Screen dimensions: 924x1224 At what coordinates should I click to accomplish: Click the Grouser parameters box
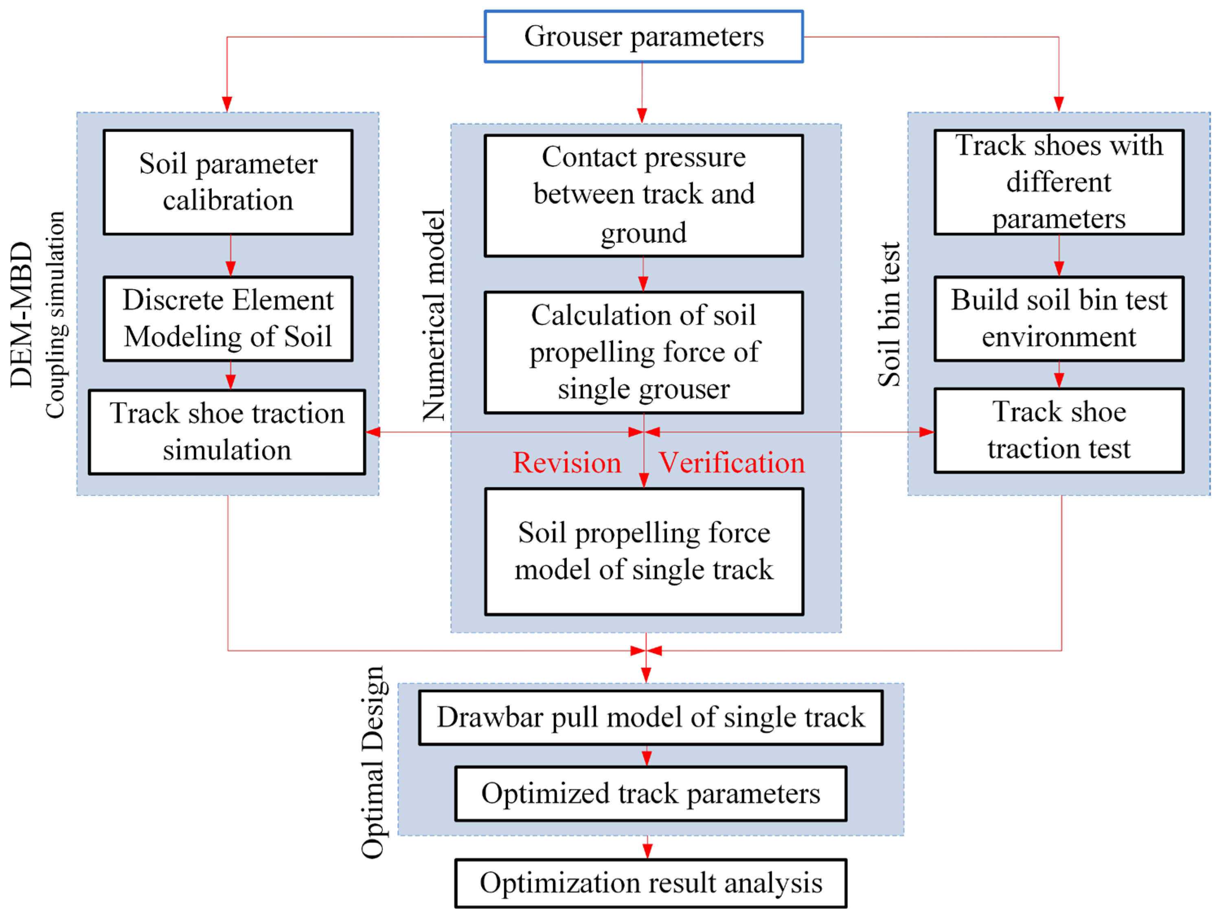pos(643,37)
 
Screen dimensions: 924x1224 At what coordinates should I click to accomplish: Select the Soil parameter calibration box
pos(228,182)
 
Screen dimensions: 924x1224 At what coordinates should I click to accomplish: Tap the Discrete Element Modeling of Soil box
pos(228,319)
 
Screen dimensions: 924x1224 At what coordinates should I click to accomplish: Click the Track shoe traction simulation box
pos(227,432)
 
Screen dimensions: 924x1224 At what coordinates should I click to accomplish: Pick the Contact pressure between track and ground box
pos(643,195)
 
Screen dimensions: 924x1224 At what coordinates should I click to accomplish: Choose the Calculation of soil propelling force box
pos(643,352)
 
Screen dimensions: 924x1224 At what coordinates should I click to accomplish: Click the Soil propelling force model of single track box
pos(643,551)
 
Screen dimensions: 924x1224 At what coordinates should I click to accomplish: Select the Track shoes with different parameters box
pos(1059,182)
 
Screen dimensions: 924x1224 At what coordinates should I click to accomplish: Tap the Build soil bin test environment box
pos(1059,319)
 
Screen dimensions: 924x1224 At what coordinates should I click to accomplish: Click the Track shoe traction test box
pos(1059,430)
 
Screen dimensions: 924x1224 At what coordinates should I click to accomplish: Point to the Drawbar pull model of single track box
pos(650,717)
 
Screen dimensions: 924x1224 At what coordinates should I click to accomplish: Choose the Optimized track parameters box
pos(650,793)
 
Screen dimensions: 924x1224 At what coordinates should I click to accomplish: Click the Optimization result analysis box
pos(650,883)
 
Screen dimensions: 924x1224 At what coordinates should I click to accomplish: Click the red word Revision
pos(567,463)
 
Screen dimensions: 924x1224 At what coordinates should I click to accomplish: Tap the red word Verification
pos(731,463)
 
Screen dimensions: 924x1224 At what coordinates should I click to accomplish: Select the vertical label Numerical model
pos(434,315)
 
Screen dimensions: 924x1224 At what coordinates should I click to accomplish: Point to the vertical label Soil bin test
pos(890,314)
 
